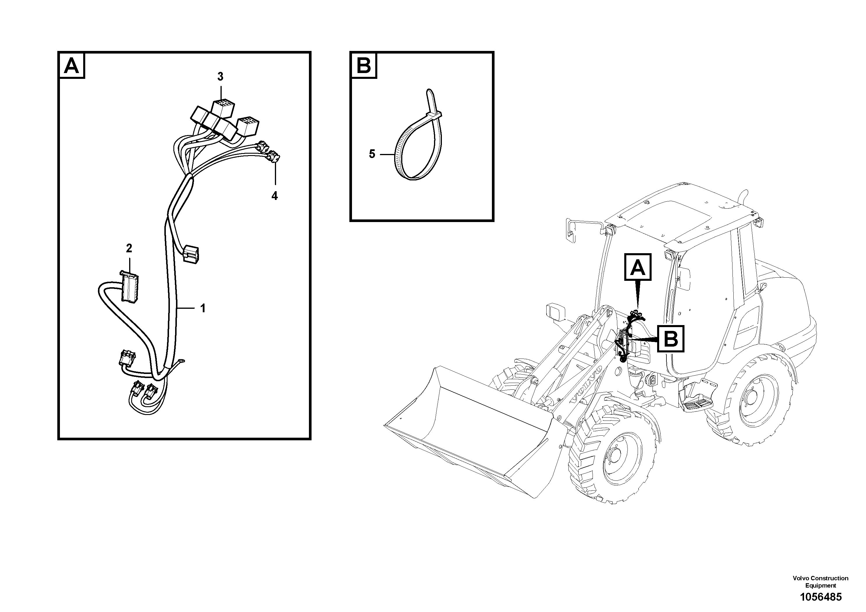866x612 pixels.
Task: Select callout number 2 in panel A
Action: tap(129, 248)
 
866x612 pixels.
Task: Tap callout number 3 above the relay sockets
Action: tap(220, 77)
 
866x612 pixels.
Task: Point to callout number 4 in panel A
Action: tap(275, 196)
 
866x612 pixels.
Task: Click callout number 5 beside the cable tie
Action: tap(372, 154)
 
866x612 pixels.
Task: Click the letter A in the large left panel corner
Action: tap(72, 66)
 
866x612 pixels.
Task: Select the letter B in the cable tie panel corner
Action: tap(364, 66)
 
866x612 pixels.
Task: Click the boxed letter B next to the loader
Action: tap(670, 339)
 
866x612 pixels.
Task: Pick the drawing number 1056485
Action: tap(820, 597)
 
